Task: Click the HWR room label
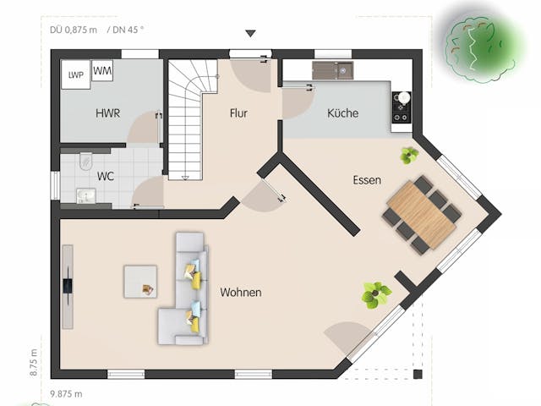click(x=107, y=113)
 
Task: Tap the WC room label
click(x=106, y=177)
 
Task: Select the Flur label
click(x=238, y=113)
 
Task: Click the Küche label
click(x=342, y=113)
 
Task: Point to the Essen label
click(x=367, y=180)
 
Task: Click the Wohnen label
click(x=241, y=293)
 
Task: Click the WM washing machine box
click(x=102, y=70)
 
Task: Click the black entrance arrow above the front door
click(x=250, y=34)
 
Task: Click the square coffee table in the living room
click(x=140, y=282)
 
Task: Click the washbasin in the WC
click(x=85, y=196)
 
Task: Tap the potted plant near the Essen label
click(x=410, y=155)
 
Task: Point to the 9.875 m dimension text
click(x=67, y=393)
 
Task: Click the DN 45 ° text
click(x=126, y=29)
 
